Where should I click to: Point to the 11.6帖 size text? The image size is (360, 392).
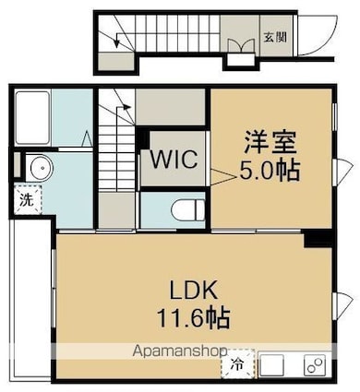[192, 318]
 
